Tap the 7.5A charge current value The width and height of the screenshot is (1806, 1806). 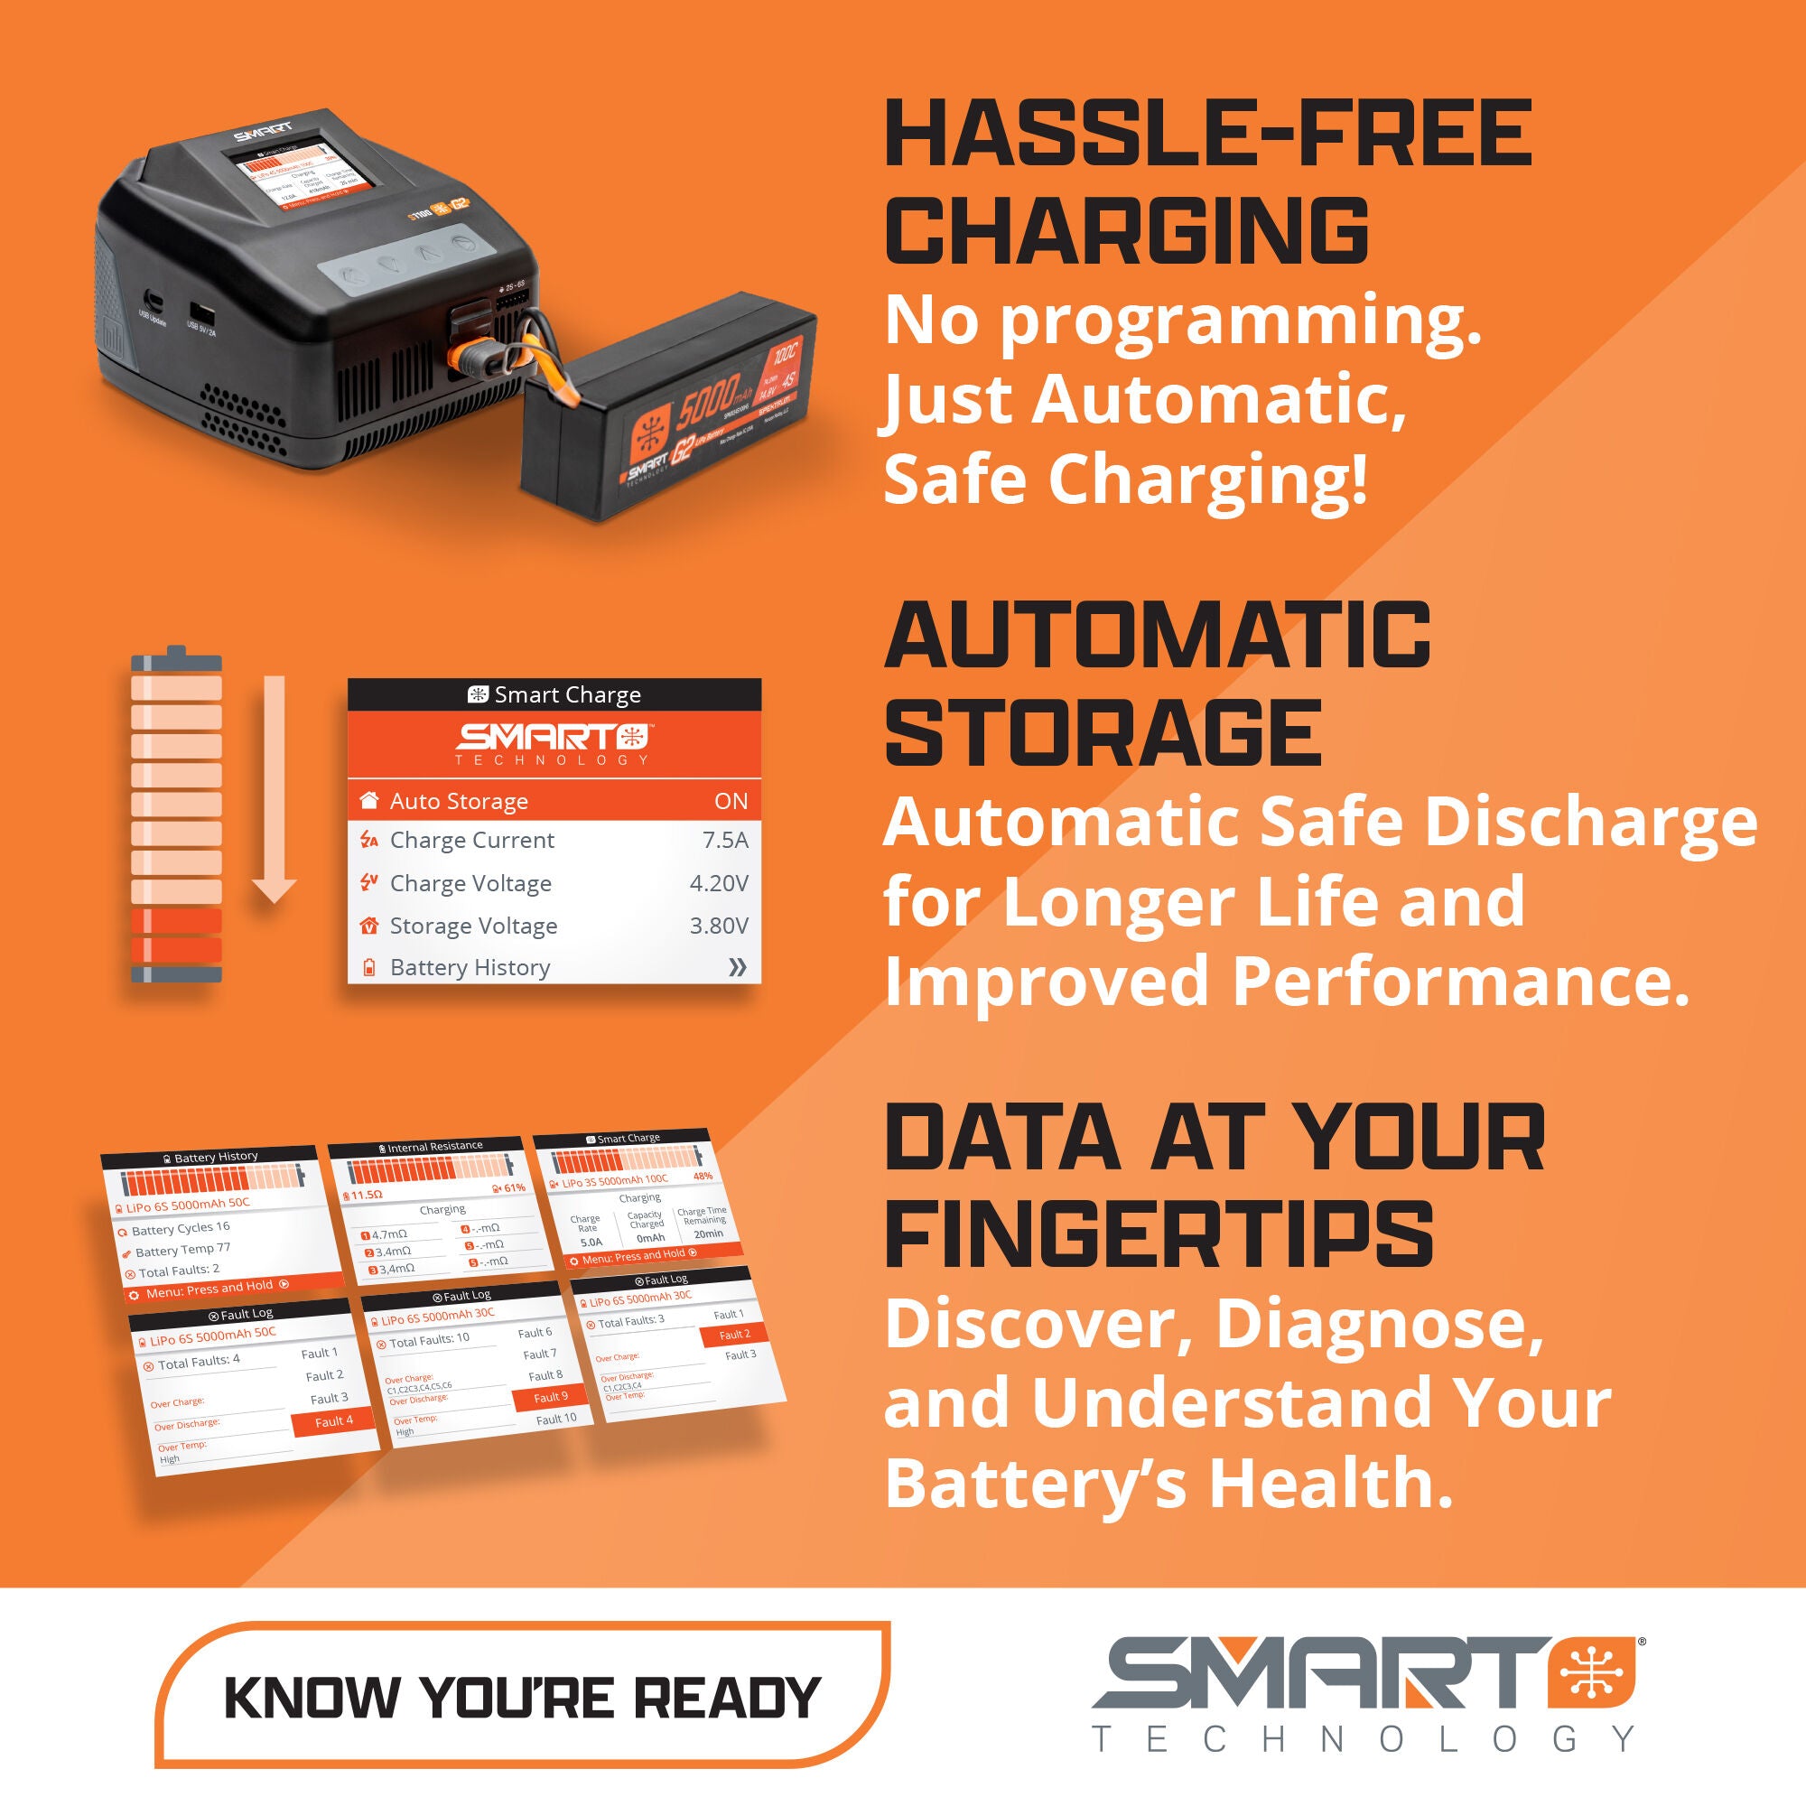(724, 841)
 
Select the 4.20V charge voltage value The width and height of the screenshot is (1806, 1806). (718, 883)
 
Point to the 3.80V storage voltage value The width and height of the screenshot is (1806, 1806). (718, 926)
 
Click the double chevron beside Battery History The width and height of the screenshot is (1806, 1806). (737, 967)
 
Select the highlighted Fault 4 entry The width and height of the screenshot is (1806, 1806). (334, 1420)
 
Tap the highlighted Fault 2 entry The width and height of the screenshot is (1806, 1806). (735, 1335)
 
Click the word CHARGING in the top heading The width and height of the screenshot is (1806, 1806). (1126, 230)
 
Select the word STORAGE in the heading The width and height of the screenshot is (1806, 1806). (1103, 732)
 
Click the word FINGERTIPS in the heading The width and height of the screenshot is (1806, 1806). (1159, 1233)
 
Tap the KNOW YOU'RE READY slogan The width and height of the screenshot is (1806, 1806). (523, 1698)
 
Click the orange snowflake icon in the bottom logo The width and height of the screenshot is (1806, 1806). (1592, 1674)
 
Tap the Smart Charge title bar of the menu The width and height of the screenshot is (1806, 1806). (554, 694)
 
